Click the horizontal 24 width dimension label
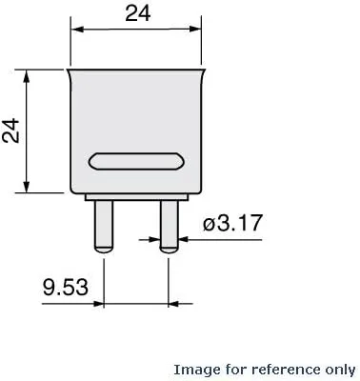137,14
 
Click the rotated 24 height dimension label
10,130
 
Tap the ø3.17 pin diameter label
232,223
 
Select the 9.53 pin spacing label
66,288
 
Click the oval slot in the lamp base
136,161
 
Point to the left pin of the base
103,227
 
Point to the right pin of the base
170,227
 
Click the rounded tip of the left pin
103,250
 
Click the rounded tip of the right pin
170,250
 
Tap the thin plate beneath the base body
136,197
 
